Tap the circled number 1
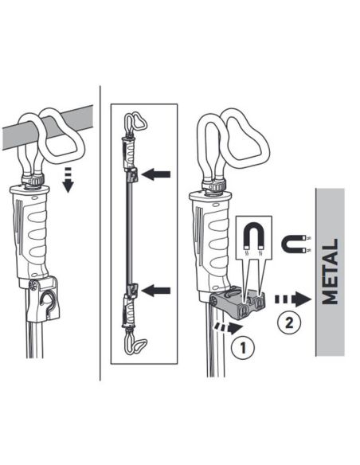tap(245, 348)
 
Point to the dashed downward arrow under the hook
tap(68, 179)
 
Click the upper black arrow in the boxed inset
tap(158, 174)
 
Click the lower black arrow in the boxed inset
tap(158, 291)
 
